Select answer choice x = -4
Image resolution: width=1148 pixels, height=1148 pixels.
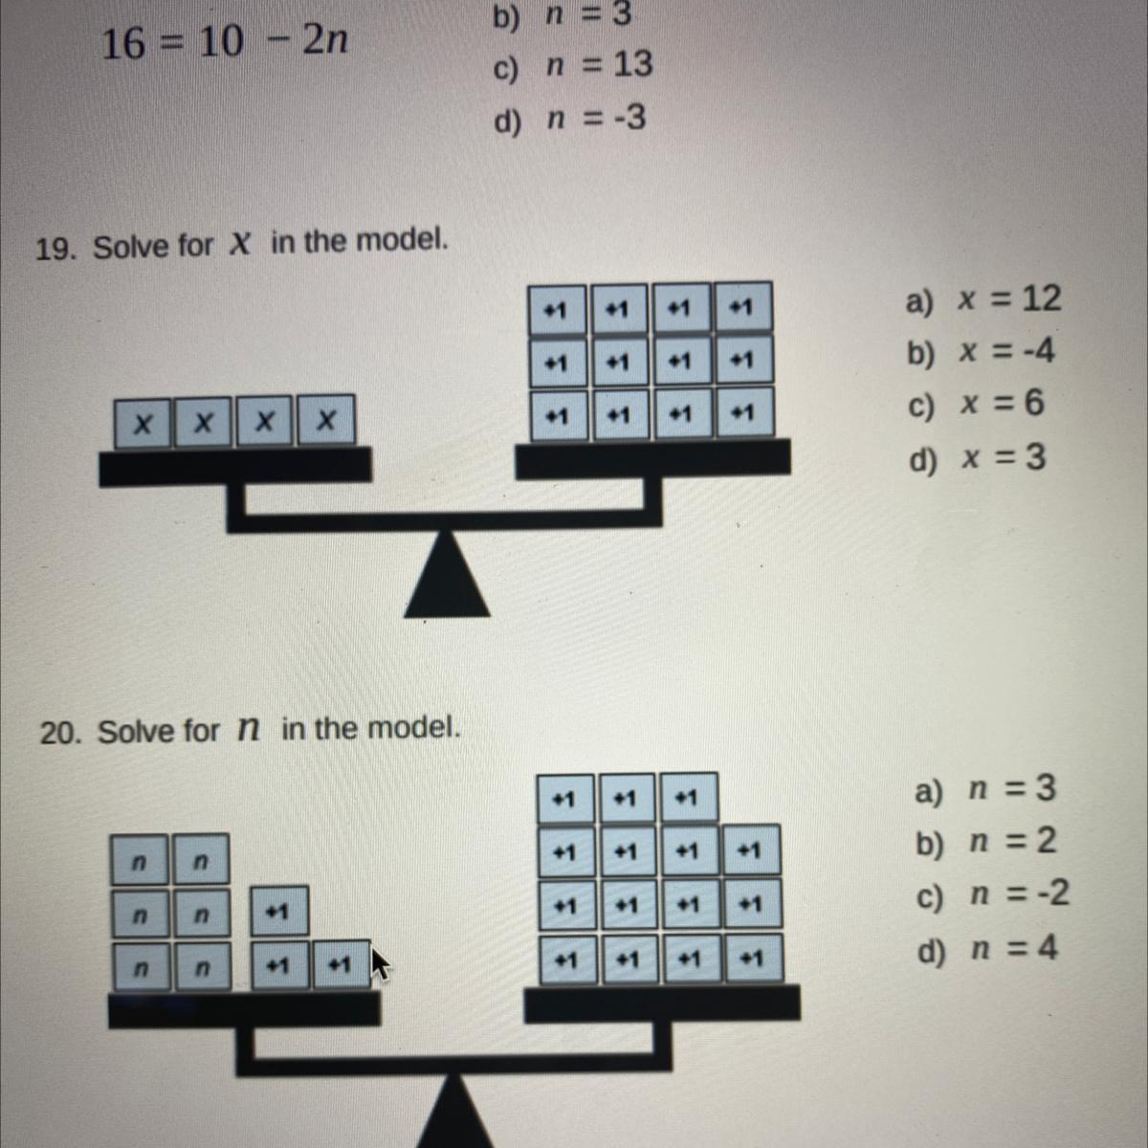[981, 352]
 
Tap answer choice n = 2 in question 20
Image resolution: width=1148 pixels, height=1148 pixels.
[986, 842]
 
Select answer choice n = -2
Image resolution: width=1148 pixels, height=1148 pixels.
[992, 894]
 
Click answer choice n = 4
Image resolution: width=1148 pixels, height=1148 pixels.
[987, 949]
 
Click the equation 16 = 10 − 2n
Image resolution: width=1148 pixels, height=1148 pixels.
[224, 42]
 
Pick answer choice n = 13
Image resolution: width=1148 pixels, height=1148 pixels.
[572, 65]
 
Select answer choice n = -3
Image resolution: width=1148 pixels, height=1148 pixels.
[569, 120]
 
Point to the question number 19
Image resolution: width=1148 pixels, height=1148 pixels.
[56, 250]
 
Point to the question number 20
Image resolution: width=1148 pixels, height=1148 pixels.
[61, 734]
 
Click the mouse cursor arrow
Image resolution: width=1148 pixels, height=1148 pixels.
[380, 963]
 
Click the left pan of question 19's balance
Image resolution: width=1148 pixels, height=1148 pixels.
[235, 467]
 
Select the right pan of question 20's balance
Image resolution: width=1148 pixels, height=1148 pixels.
[662, 1003]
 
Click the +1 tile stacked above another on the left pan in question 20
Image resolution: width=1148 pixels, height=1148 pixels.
[278, 911]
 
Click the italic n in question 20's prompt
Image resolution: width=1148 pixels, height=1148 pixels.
[248, 730]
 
